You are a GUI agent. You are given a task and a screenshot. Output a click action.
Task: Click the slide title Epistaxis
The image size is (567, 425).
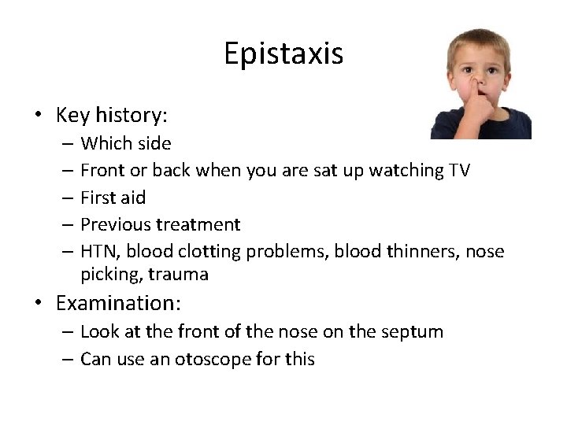[283, 54]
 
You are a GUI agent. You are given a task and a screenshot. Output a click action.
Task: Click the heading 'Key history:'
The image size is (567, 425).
[112, 115]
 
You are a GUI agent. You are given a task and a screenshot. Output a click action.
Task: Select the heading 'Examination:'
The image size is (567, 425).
[117, 303]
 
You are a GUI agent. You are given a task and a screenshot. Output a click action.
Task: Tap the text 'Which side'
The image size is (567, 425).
[125, 143]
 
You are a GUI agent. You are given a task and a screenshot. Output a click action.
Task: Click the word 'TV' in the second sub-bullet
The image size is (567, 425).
[458, 170]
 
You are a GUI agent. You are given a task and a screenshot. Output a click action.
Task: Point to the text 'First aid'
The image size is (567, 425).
[113, 198]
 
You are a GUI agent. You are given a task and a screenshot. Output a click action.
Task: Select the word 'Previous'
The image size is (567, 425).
[115, 224]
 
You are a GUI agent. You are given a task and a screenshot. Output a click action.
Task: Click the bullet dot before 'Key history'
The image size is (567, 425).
[38, 116]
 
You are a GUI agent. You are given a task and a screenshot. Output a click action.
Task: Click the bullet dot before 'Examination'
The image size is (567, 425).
[38, 304]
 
